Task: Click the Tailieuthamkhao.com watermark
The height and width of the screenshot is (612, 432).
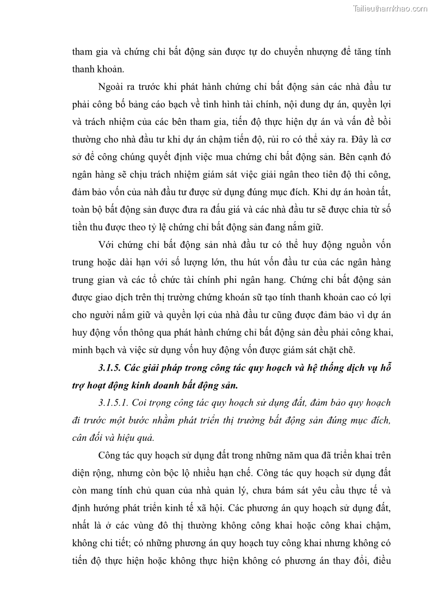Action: click(390, 8)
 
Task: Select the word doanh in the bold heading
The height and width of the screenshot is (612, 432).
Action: click(162, 385)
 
